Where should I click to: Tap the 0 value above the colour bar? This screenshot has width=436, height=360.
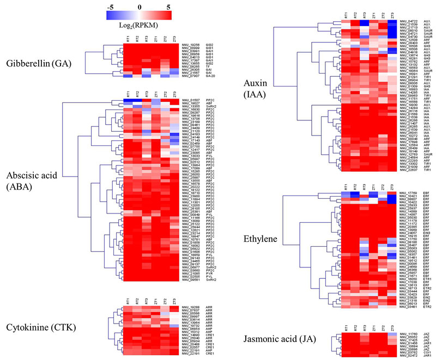pyautogui.click(x=140, y=7)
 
